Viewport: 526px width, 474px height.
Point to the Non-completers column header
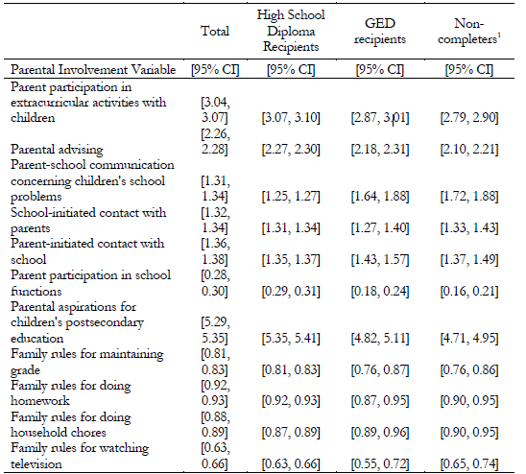pos(466,32)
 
